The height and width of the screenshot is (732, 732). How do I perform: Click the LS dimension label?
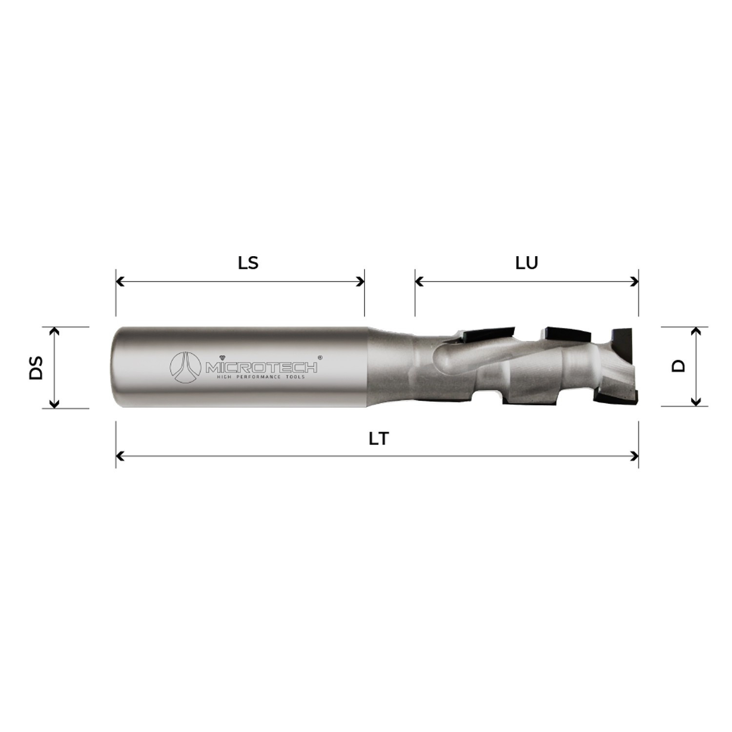point(248,264)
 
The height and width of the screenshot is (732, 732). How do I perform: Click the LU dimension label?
point(527,264)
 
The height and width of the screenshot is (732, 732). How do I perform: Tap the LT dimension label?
point(378,439)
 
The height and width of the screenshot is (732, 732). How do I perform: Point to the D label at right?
point(679,366)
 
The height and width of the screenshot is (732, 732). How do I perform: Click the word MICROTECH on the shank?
point(261,367)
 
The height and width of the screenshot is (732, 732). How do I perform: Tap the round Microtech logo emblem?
point(185,367)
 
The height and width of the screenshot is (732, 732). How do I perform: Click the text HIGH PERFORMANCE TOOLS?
point(261,377)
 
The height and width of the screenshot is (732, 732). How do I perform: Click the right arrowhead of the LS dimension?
point(361,282)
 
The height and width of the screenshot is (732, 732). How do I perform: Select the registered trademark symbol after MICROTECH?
point(320,357)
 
